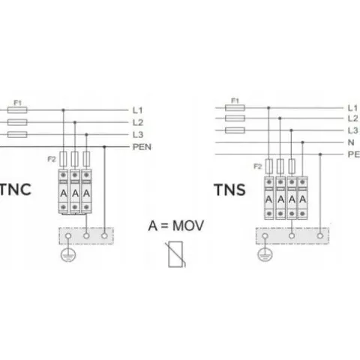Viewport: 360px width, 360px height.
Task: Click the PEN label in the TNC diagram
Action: click(142, 147)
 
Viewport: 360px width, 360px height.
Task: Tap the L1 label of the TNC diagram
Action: click(137, 110)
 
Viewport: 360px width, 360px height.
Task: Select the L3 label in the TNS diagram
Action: click(352, 130)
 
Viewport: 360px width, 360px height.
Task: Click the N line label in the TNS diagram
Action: click(351, 142)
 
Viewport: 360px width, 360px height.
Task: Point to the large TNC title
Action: click(16, 190)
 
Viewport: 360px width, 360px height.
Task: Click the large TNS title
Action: click(229, 190)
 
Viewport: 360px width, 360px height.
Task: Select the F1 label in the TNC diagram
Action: click(17, 103)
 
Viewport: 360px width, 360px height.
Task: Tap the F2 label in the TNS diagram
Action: click(257, 166)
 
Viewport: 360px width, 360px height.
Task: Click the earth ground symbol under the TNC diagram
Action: click(68, 255)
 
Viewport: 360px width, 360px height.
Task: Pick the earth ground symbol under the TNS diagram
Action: click(265, 255)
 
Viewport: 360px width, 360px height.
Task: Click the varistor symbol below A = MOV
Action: click(175, 254)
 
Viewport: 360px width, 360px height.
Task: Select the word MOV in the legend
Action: click(188, 226)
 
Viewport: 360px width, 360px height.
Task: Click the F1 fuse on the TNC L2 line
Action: click(17, 122)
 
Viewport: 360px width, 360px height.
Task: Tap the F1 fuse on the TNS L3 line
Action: click(235, 130)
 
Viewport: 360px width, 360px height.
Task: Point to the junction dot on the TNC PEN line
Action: click(104, 147)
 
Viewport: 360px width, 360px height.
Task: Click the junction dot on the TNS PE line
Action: click(320, 154)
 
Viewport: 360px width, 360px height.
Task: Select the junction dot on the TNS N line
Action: click(302, 142)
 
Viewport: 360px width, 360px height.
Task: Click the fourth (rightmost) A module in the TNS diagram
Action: click(302, 198)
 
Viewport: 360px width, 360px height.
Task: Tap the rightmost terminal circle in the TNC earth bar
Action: click(104, 235)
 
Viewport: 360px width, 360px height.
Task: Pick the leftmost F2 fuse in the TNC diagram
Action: click(63, 159)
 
